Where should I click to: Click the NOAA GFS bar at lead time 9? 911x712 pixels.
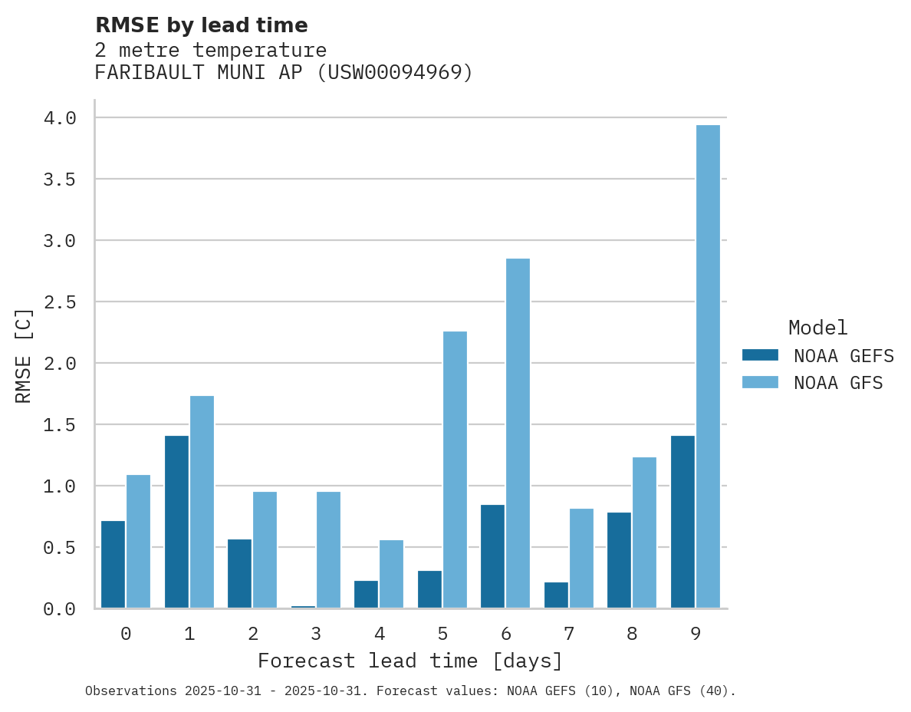708,367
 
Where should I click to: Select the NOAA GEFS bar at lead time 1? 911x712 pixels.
176,522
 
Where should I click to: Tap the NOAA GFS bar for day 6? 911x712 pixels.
518,433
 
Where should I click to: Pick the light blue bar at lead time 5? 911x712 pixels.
455,470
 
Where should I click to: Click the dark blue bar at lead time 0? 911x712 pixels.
113,565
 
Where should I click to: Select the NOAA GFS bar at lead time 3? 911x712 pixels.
328,550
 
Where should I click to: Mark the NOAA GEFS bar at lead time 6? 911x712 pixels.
492,556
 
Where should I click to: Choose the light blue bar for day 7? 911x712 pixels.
581,559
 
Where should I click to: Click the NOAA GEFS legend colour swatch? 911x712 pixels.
760,355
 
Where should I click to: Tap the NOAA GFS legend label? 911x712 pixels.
838,383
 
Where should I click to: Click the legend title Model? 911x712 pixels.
817,328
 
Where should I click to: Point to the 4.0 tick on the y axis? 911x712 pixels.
60,118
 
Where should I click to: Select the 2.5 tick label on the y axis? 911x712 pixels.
60,302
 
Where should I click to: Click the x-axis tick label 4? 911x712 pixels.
379,634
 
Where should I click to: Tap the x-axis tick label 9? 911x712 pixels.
696,634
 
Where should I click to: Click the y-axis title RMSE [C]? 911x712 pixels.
24,355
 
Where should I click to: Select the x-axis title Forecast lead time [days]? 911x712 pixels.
410,661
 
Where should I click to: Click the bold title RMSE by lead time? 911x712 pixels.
201,25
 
